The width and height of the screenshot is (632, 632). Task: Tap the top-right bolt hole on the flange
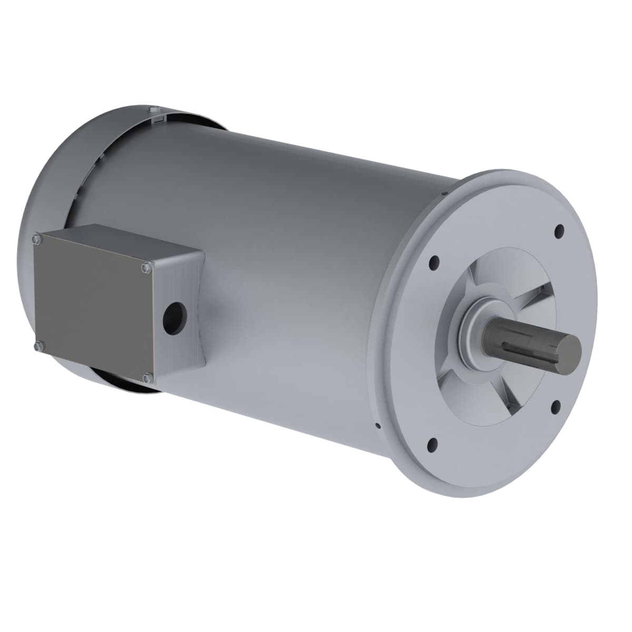[559, 230]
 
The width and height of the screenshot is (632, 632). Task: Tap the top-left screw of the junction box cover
[36, 240]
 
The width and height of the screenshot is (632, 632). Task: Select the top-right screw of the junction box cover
[145, 269]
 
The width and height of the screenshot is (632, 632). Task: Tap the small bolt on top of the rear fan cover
[152, 110]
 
